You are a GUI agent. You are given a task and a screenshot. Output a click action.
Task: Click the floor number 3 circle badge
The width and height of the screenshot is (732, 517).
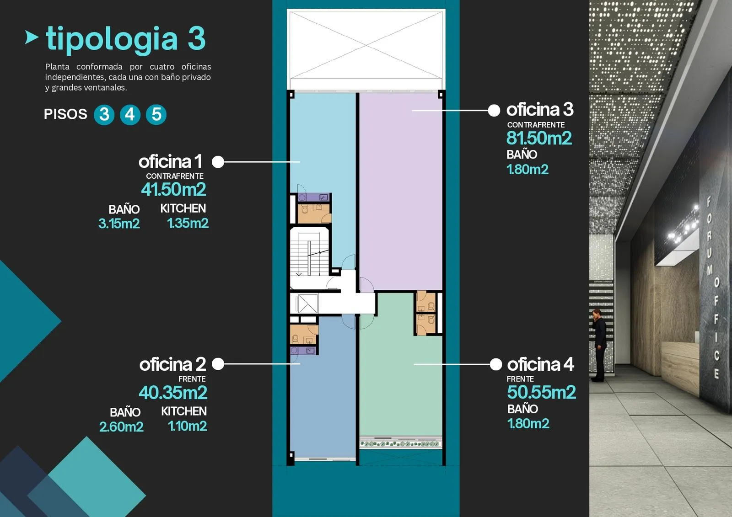104,115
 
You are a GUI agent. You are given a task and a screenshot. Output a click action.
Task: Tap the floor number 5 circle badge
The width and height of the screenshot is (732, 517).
156,115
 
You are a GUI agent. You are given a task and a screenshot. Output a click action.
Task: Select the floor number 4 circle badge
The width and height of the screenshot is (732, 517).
130,115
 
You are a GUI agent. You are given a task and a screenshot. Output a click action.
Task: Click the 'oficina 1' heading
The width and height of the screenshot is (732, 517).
170,161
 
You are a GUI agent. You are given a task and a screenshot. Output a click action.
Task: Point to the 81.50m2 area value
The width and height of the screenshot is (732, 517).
539,138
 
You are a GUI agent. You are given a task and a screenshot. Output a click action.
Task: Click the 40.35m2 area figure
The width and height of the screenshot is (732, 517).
173,392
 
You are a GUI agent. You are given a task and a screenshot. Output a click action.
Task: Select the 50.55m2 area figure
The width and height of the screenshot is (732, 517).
541,392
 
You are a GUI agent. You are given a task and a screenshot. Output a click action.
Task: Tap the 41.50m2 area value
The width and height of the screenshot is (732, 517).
173,189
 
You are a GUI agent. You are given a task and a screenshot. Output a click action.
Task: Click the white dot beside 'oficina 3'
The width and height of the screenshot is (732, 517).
494,110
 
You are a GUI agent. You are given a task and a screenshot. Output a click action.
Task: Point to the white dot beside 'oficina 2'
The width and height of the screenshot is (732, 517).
218,363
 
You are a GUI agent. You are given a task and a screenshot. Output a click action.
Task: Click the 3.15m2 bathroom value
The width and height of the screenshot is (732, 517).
119,224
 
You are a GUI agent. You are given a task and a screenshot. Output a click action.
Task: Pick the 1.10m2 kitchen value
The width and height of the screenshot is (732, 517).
187,426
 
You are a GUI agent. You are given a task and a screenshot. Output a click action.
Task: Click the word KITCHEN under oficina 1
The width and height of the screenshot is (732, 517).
183,208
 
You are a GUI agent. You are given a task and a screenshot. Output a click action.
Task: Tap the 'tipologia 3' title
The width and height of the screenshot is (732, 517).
126,39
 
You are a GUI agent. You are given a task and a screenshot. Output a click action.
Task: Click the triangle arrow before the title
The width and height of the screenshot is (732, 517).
32,37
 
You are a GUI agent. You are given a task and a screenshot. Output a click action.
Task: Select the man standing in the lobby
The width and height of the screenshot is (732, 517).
599,345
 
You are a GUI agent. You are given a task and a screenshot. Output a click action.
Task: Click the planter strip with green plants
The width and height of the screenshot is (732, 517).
401,443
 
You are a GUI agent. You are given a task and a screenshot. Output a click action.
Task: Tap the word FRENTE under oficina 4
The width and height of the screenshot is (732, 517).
520,379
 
